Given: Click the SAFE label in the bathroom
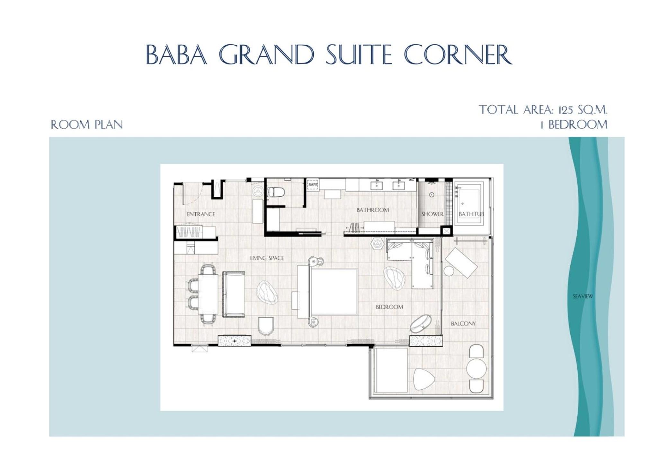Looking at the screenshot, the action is pyautogui.click(x=312, y=185).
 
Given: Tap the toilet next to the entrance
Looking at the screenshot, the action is pyautogui.click(x=276, y=192).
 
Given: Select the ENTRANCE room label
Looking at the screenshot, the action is pyautogui.click(x=201, y=214).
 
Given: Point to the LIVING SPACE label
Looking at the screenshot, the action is pyautogui.click(x=267, y=258).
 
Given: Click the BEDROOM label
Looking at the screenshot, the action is pyautogui.click(x=389, y=307).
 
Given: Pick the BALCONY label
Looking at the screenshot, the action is pyautogui.click(x=463, y=324).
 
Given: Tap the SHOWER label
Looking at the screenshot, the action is pyautogui.click(x=432, y=214).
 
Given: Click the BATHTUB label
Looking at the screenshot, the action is pyautogui.click(x=471, y=214).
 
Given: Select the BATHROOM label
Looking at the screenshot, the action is pyautogui.click(x=373, y=210).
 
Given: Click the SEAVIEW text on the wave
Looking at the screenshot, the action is pyautogui.click(x=583, y=296).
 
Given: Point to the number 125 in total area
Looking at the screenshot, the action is pyautogui.click(x=566, y=110).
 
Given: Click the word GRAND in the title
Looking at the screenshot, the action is pyautogui.click(x=266, y=54).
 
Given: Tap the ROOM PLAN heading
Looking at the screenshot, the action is pyautogui.click(x=87, y=125).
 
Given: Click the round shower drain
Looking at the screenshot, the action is pyautogui.click(x=432, y=195).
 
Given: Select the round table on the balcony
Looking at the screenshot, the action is pyautogui.click(x=476, y=369).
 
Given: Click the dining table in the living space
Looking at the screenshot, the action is pyautogui.click(x=208, y=294).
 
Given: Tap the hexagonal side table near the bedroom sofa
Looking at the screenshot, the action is pyautogui.click(x=377, y=244).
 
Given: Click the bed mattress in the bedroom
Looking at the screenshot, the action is pyautogui.click(x=334, y=292).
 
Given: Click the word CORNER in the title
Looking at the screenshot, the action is pyautogui.click(x=458, y=54).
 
